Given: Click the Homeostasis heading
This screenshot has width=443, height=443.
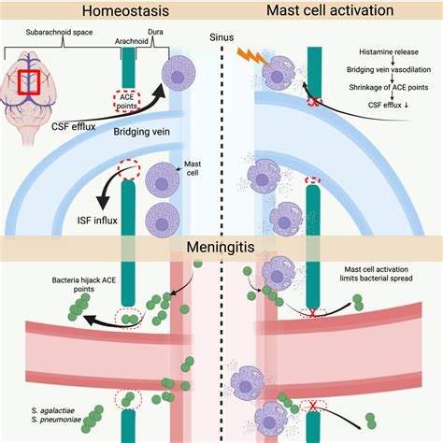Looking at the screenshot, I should click(x=111, y=12).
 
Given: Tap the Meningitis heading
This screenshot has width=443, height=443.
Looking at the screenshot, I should click(x=221, y=250).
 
